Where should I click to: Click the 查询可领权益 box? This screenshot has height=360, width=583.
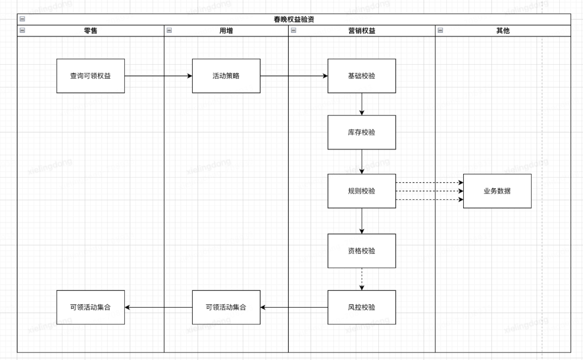pos(90,76)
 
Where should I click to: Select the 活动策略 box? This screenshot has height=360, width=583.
pos(226,76)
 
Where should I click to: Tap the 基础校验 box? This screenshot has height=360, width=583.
pos(361,76)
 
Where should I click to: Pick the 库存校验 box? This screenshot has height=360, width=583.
pos(361,132)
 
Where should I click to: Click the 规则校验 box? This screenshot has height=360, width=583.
pos(361,191)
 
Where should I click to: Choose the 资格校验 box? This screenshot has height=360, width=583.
pos(361,251)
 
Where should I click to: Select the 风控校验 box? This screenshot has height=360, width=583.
pos(361,308)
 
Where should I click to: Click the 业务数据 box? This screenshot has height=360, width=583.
pos(497,191)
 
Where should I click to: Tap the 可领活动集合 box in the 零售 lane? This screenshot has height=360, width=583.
pos(90,308)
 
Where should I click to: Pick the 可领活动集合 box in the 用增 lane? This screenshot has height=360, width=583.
pos(226,308)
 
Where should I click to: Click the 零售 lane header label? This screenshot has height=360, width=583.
pos(90,31)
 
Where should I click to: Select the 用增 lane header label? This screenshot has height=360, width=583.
pos(226,31)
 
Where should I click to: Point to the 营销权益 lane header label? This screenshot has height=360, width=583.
pos(361,31)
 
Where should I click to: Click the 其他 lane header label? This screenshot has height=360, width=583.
pos(503,31)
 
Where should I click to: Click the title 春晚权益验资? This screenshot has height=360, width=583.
pos(294,19)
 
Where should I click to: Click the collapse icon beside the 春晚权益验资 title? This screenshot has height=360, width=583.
pos(22,19)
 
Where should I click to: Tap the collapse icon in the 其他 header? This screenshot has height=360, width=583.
pos(440,31)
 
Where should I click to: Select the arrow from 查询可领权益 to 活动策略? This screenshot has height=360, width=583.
pos(158,76)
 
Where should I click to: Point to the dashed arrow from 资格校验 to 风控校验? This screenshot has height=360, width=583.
pos(362,279)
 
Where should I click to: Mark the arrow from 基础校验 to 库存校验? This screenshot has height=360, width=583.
pos(362,104)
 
